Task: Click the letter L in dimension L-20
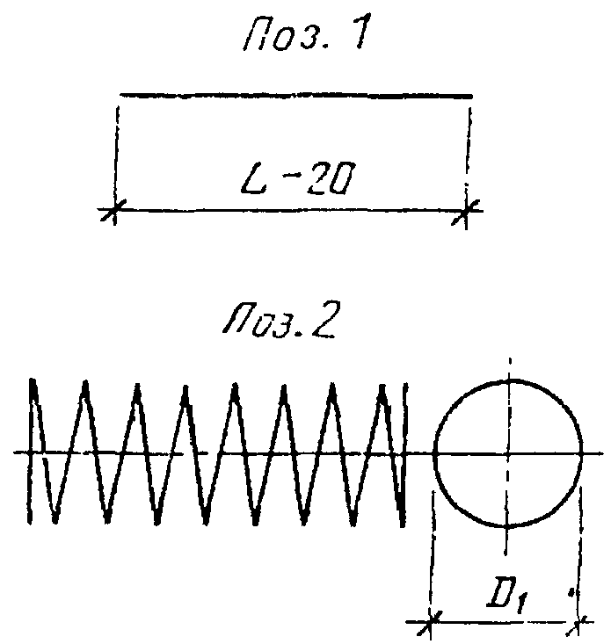pyautogui.click(x=253, y=179)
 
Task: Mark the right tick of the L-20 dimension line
pyautogui.click(x=466, y=211)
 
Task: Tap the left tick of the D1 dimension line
pyautogui.click(x=431, y=623)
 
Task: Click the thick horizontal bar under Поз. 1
pyautogui.click(x=296, y=96)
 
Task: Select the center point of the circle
pyautogui.click(x=508, y=453)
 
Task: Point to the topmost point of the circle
pyautogui.click(x=510, y=380)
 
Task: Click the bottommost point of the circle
pyautogui.click(x=507, y=526)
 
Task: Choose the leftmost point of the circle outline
pyautogui.click(x=434, y=453)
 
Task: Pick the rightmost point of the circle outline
pyautogui.click(x=581, y=453)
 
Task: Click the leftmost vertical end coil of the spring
pyautogui.click(x=31, y=451)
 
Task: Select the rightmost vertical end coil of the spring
pyautogui.click(x=404, y=455)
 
